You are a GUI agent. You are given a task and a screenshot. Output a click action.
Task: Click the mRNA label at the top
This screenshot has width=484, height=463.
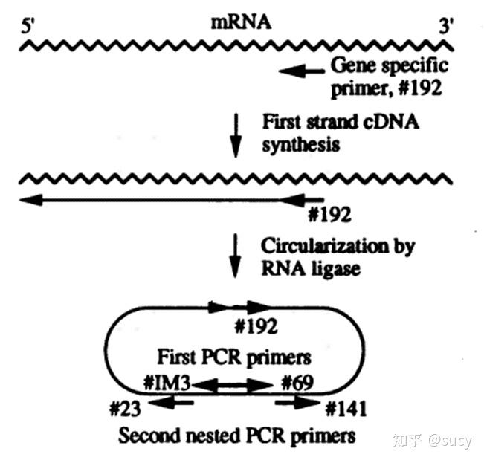[241, 22]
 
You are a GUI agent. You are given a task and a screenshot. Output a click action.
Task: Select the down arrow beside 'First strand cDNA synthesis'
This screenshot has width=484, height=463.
[236, 134]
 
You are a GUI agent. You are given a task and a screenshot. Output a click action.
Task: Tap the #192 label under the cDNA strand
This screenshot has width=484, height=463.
[329, 216]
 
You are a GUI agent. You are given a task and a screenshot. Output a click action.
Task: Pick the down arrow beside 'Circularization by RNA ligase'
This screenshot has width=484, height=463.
[236, 256]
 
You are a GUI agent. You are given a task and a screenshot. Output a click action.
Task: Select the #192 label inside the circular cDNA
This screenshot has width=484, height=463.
[255, 325]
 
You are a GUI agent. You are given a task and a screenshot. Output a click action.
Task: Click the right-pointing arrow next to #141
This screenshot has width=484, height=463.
[294, 403]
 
